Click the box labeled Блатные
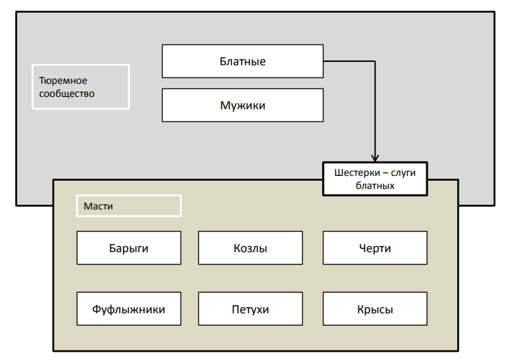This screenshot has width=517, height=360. tap(242, 61)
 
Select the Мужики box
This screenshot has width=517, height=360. tap(242, 105)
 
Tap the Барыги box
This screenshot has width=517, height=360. tap(128, 248)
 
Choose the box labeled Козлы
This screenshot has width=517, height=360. tap(250, 248)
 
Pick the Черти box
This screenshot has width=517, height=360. tap(375, 248)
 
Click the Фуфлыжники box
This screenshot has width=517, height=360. tap(128, 309)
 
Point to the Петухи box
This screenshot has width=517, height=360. tap(250, 309)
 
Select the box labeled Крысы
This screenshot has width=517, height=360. tap(375, 309)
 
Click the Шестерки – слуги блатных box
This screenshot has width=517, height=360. tap(375, 179)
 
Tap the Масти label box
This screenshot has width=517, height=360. tap(128, 206)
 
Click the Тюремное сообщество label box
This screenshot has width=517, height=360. tap(80, 87)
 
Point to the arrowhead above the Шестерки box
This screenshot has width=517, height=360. tap(375, 157)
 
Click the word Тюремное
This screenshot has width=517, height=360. tap(63, 80)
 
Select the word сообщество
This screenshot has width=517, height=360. tap(67, 93)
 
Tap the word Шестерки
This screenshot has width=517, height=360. tap(355, 172)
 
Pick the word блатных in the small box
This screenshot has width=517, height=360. tap(375, 185)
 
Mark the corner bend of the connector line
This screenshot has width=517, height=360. tap(375, 61)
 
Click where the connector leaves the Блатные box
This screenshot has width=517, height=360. tap(324, 61)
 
